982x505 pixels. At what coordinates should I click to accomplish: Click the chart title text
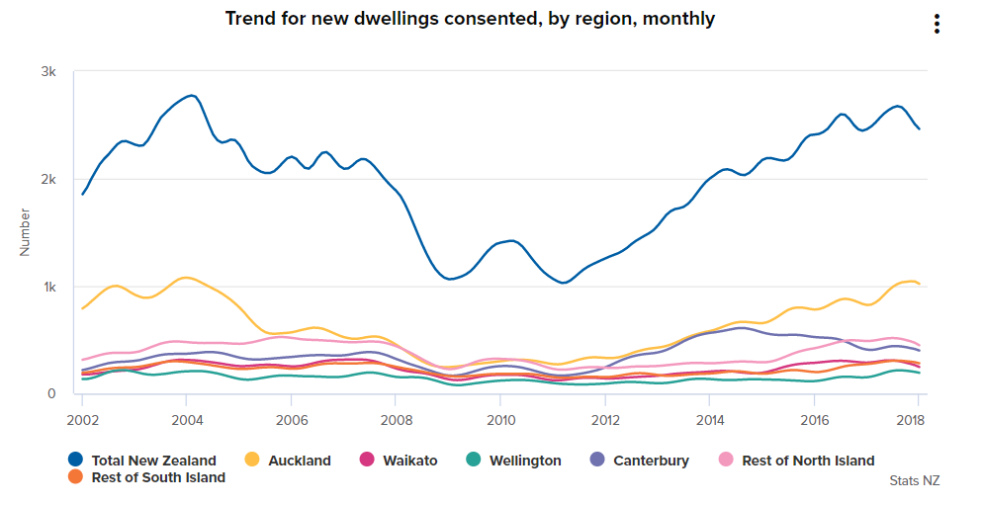tap(470, 19)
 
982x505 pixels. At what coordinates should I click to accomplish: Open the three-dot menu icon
tap(937, 25)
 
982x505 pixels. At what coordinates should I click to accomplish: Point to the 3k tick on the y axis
tap(48, 72)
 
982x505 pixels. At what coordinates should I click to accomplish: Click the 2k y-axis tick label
tap(48, 180)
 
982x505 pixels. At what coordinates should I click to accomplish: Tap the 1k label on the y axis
tap(48, 288)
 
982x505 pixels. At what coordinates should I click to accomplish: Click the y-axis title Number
tap(26, 232)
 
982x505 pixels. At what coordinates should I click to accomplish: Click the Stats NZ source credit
tap(915, 481)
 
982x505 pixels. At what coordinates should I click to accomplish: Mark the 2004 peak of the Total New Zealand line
tap(192, 96)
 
